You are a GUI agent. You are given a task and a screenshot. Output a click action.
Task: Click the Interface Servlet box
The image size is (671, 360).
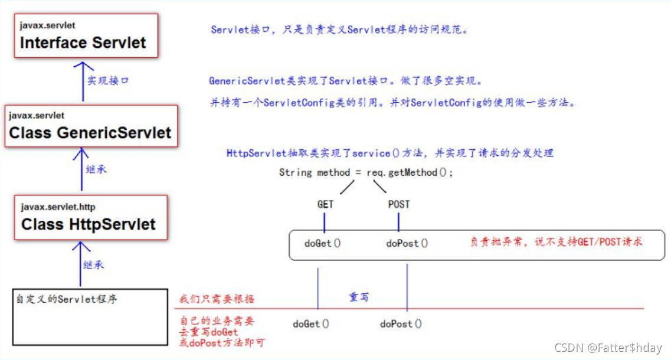pos(86,35)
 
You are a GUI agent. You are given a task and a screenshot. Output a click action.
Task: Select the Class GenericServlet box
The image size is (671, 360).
pos(90,126)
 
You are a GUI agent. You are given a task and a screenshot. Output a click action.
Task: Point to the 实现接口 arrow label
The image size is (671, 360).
pos(108,81)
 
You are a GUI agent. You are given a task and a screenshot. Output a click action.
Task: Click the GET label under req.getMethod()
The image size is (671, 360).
pos(325,205)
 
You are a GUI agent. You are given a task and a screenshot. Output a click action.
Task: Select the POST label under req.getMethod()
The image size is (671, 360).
pos(399,205)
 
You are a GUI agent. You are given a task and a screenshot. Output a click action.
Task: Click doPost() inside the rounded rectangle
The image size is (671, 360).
pos(407,243)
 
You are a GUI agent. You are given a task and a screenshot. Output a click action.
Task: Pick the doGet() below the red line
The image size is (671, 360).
pos(311,323)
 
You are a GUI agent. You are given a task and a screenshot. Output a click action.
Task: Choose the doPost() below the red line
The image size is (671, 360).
pos(401,323)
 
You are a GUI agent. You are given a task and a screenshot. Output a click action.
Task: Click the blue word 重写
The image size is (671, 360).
pos(359,297)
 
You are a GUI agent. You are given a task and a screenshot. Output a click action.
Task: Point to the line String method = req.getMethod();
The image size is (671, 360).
pos(366,173)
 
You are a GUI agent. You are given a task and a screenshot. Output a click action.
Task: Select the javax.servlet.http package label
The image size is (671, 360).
pos(58,207)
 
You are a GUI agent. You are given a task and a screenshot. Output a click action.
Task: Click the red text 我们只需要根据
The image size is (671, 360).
pos(217,299)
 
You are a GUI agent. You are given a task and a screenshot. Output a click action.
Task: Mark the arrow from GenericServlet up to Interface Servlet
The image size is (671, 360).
pos(83,81)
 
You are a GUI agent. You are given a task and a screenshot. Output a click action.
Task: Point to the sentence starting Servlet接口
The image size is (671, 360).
pos(339,30)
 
